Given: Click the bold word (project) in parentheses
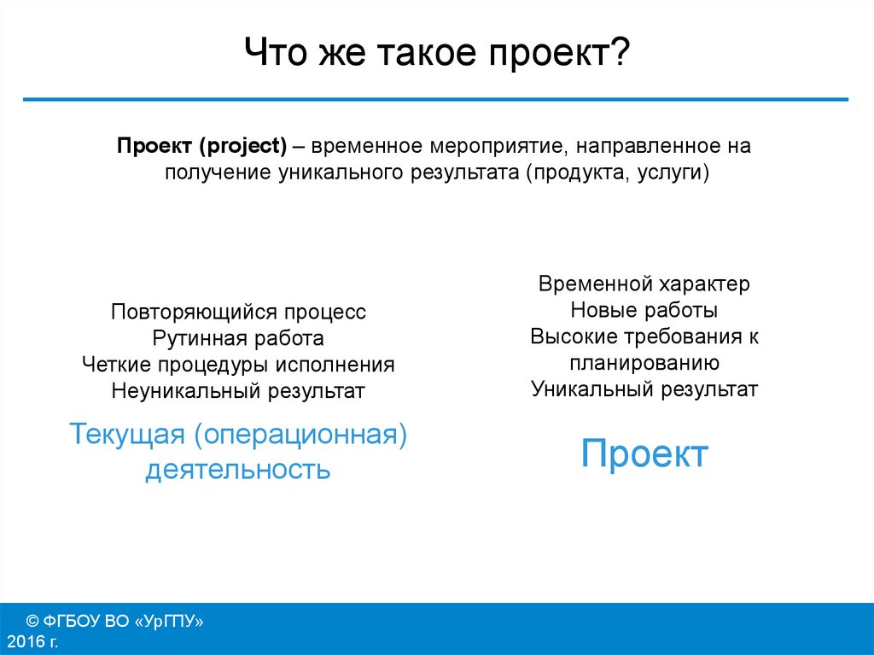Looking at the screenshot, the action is pyautogui.click(x=243, y=146).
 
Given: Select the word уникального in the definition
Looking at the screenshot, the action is pyautogui.click(x=341, y=172).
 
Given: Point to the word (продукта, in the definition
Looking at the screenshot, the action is pyautogui.click(x=578, y=172).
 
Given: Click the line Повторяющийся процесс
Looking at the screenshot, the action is pyautogui.click(x=238, y=312).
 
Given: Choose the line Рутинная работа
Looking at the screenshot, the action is pyautogui.click(x=238, y=338).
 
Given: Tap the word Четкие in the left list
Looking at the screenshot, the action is pyautogui.click(x=117, y=365).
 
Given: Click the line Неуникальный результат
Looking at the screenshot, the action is pyautogui.click(x=238, y=390).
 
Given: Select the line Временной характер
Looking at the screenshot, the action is pyautogui.click(x=644, y=284).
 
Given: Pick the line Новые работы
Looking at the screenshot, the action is pyautogui.click(x=644, y=310).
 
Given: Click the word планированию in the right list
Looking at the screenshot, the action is pyautogui.click(x=644, y=363).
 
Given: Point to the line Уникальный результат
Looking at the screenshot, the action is pyautogui.click(x=644, y=389).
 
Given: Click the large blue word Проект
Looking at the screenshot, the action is pyautogui.click(x=644, y=453).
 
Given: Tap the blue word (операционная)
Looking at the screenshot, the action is pyautogui.click(x=300, y=434).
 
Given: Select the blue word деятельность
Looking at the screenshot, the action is pyautogui.click(x=238, y=470).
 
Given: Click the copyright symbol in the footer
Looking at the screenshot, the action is pyautogui.click(x=33, y=621).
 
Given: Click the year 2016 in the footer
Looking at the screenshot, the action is pyautogui.click(x=26, y=641).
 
